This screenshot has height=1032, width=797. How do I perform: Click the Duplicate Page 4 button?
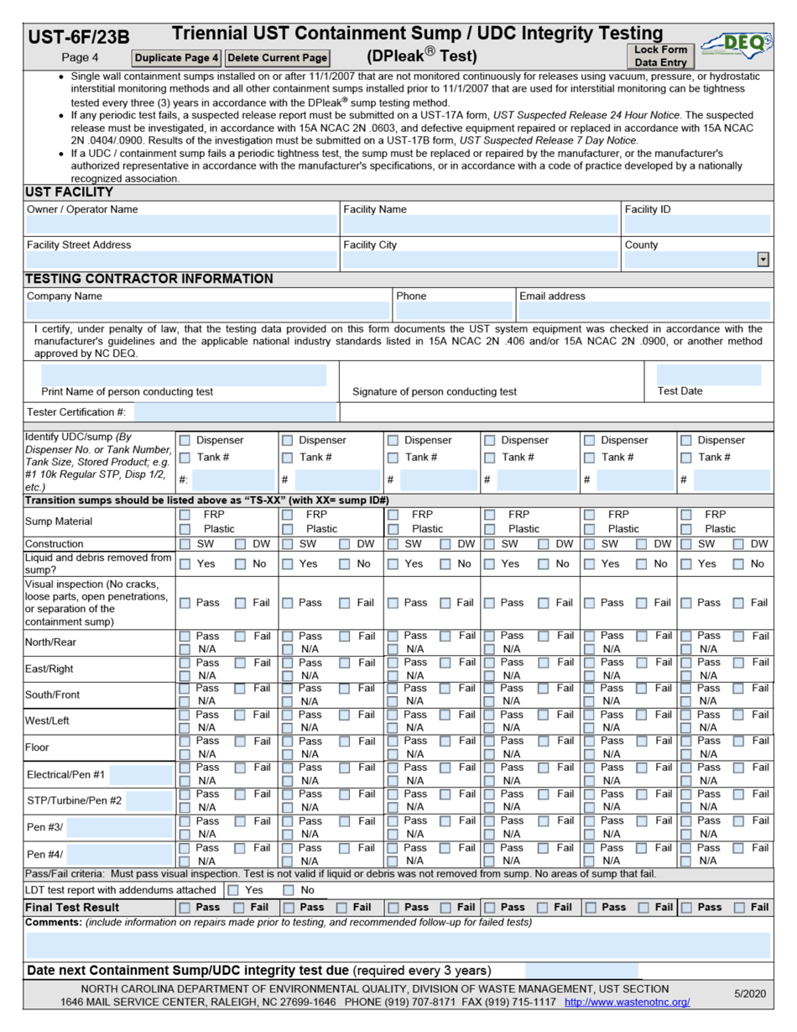177,58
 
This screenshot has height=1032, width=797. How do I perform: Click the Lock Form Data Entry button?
660,56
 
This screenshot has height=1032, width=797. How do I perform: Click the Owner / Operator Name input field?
181,224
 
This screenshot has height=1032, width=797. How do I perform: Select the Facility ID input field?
696,224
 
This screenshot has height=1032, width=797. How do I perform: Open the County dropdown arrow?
763,260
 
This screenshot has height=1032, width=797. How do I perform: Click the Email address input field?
643,311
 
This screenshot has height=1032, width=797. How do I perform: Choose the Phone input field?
453,311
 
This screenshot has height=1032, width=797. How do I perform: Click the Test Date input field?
708,375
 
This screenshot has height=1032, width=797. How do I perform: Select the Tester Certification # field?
235,411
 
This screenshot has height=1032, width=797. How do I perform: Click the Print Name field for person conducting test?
184,375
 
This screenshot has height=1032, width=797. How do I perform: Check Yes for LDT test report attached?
233,889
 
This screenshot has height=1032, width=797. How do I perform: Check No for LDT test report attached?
289,889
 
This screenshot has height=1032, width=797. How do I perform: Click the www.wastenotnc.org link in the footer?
627,1002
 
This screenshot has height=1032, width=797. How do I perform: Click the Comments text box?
398,945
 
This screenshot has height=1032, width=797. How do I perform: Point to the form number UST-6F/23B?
79,37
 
